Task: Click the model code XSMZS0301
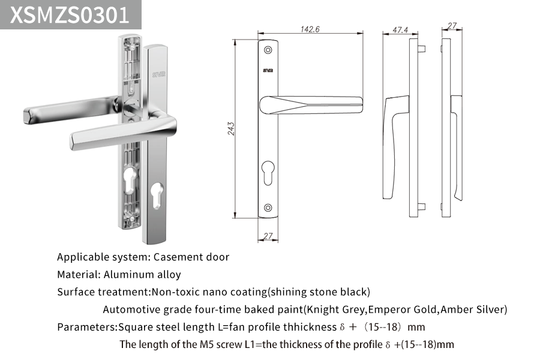[x=70, y=14]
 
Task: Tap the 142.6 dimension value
[x=310, y=29]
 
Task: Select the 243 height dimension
[x=231, y=128]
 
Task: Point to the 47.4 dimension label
[x=401, y=30]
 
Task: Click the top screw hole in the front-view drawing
[x=268, y=50]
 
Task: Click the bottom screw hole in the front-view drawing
[x=268, y=208]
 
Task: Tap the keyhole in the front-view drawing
[x=268, y=172]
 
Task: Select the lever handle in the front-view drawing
[x=311, y=105]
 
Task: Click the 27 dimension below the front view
[x=268, y=236]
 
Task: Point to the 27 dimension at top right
[x=452, y=26]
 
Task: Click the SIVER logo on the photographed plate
[x=159, y=74]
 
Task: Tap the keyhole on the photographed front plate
[x=157, y=196]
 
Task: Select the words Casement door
[x=191, y=257]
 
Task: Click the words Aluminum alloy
[x=142, y=275]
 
